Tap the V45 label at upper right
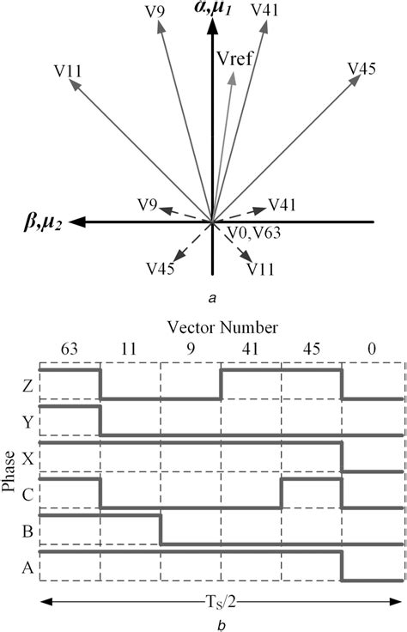(x=362, y=69)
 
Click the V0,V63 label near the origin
(x=255, y=232)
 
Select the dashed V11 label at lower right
(x=260, y=269)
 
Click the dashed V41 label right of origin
(x=283, y=204)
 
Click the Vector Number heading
(x=223, y=327)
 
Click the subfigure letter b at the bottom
(x=222, y=624)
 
